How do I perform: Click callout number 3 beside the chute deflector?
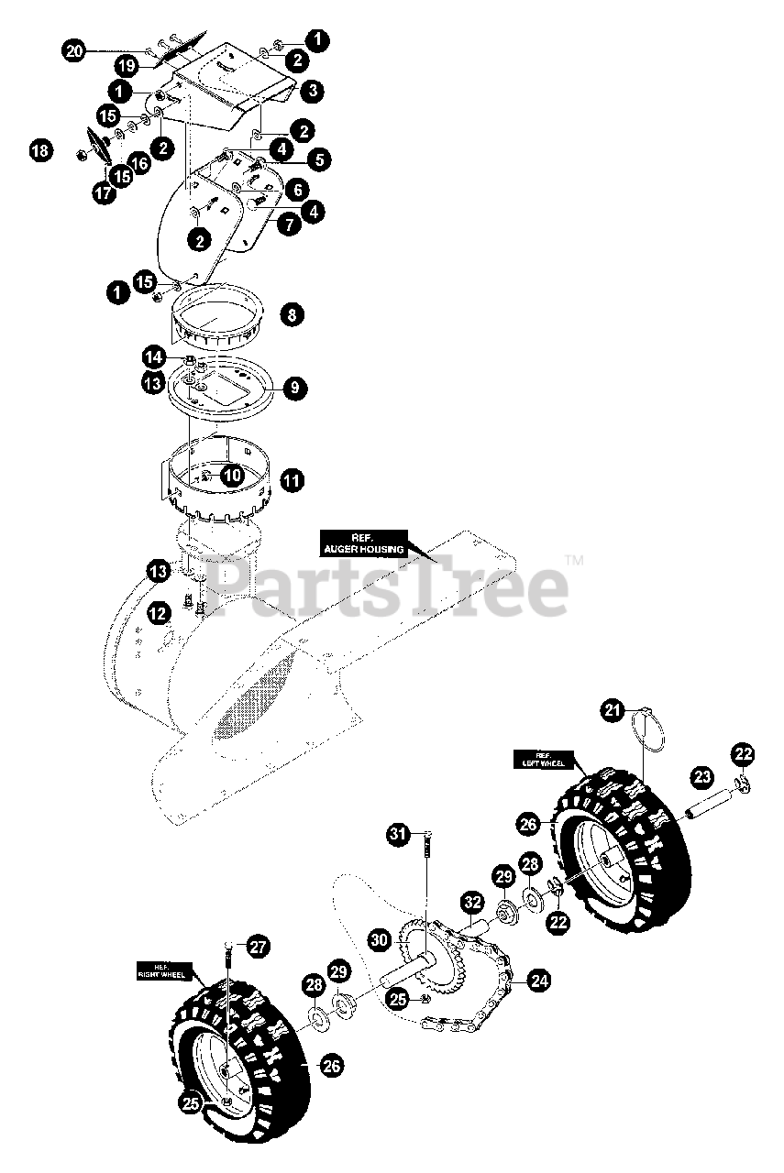point(314,90)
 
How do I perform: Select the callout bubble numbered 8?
point(291,314)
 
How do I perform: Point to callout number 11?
point(292,479)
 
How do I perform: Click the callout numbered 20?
point(74,51)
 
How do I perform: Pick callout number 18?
point(39,150)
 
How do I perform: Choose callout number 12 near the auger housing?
point(159,611)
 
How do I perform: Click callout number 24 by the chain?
point(539,981)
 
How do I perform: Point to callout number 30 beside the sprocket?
point(379,938)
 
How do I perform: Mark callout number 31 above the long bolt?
point(397,834)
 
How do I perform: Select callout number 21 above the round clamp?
point(613,708)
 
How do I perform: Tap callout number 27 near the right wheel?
point(259,948)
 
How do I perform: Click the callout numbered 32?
point(470,902)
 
